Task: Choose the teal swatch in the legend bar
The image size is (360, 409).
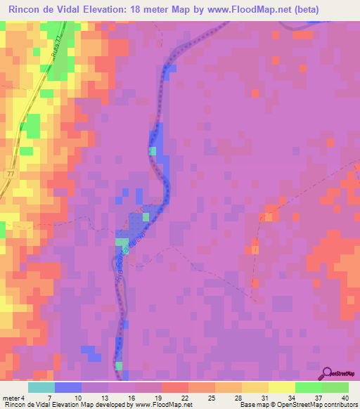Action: pos(41,387)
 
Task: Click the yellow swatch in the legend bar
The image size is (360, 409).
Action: pos(281,387)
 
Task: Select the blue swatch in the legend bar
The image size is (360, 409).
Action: pos(68,387)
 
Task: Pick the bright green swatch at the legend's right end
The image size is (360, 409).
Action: pos(335,387)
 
